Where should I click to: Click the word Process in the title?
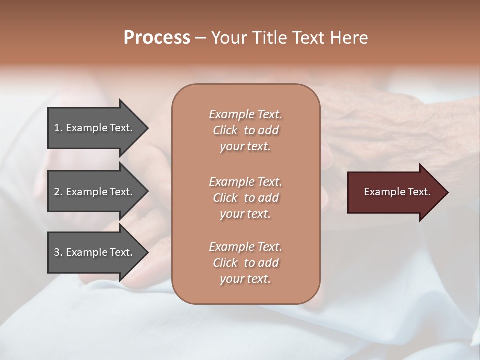(157, 38)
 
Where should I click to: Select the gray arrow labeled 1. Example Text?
(95, 128)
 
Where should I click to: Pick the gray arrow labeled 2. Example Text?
(95, 192)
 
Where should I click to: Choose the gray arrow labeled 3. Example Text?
(95, 252)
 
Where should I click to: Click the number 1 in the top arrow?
(57, 128)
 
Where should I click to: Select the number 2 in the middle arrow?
(57, 192)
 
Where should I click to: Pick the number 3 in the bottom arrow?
(57, 252)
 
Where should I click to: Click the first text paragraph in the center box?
(245, 130)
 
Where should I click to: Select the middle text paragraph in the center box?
(245, 198)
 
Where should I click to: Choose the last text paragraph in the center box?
(245, 263)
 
